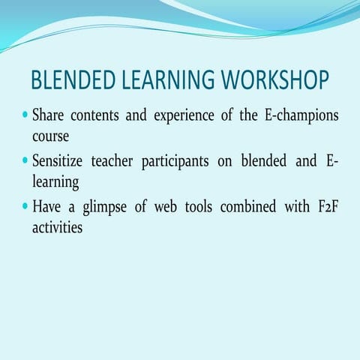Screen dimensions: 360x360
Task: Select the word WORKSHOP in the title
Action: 272,80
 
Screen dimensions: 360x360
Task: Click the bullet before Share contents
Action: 25,118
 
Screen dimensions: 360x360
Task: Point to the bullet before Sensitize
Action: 25,161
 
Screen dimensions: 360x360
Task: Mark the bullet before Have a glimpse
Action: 25,205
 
